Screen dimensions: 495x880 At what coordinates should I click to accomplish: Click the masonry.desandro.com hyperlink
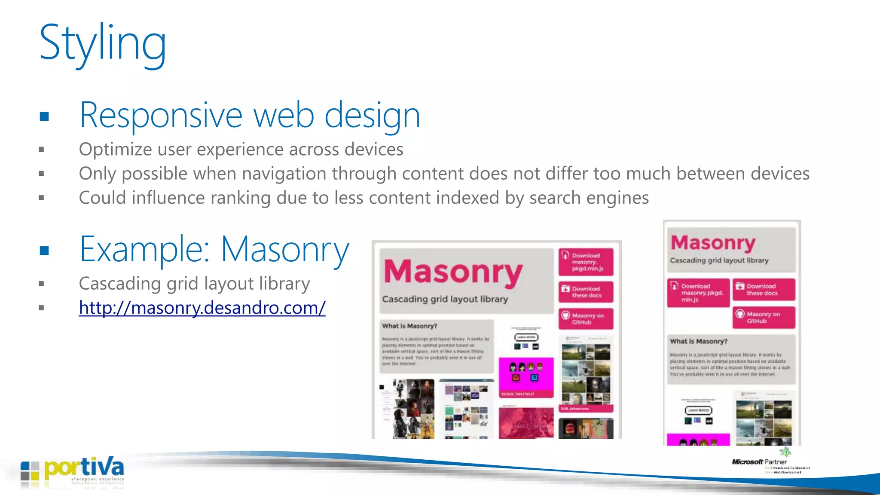point(202,308)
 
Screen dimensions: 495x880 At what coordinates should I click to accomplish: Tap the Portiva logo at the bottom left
point(73,472)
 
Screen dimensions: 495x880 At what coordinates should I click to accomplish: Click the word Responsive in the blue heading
point(161,116)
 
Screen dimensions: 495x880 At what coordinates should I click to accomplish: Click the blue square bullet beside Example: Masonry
point(44,251)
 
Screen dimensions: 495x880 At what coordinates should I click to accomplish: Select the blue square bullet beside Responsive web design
point(44,116)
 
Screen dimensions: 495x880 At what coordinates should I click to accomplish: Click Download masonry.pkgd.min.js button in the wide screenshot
point(586,262)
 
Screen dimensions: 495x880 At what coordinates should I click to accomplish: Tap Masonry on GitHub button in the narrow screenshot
point(764,317)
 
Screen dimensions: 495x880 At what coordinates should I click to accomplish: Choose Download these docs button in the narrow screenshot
point(764,289)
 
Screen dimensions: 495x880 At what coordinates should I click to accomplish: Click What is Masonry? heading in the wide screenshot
point(409,326)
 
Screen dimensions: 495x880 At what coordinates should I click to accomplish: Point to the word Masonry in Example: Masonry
point(285,250)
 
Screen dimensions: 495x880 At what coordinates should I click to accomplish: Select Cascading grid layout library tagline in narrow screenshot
point(719,260)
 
